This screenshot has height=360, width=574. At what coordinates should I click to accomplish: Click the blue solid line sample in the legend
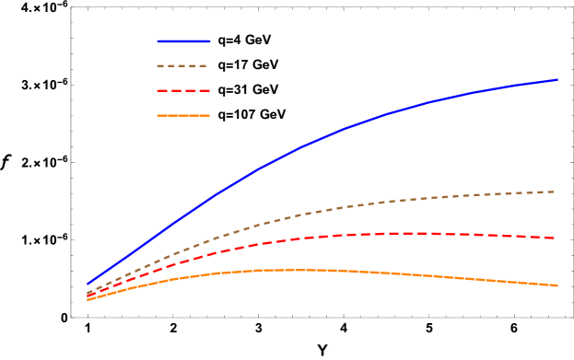183,41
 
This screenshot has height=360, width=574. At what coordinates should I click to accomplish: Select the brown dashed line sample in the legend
183,66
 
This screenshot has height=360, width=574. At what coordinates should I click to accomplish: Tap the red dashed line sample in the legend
183,91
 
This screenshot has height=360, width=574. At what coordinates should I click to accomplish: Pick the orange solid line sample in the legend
183,116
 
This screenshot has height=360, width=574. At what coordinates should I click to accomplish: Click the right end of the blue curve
556,80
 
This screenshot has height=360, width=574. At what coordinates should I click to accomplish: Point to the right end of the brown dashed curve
555,192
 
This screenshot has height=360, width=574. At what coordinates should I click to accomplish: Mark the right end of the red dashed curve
555,238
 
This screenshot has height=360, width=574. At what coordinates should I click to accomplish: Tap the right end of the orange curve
556,285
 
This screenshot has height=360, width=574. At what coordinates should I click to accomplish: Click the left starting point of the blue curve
88,285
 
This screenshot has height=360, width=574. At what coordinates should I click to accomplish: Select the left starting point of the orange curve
88,300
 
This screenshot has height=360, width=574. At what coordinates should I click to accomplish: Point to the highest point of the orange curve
286,270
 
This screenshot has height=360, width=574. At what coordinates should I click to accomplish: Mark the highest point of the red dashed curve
405,233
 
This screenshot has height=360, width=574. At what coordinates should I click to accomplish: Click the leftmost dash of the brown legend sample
161,66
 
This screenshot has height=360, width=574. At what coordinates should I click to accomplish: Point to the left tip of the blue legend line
158,41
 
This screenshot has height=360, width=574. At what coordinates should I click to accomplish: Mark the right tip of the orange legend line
208,116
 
